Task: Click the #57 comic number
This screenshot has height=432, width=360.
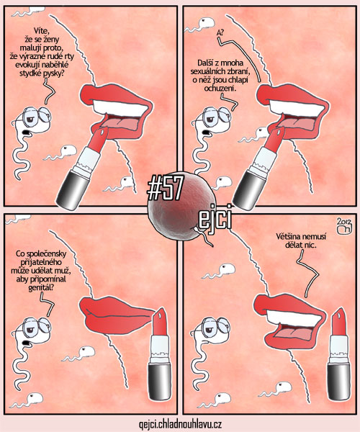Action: click(x=165, y=189)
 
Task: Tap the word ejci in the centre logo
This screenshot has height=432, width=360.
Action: click(x=215, y=218)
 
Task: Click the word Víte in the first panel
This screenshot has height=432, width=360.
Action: click(x=41, y=30)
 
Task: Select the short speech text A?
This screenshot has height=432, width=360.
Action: click(x=220, y=33)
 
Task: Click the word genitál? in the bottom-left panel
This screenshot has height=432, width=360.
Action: click(x=41, y=288)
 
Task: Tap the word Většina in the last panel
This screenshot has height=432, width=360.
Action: click(x=289, y=237)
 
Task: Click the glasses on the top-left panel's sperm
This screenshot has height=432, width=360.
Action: click(x=37, y=116)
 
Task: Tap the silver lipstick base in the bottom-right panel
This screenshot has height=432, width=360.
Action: click(x=338, y=382)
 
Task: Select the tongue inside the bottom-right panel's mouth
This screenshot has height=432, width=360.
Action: click(x=294, y=333)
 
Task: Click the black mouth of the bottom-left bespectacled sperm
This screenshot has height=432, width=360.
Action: click(x=27, y=343)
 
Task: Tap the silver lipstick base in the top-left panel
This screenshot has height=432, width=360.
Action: click(x=71, y=190)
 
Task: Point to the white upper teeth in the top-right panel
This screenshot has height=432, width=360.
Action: click(x=296, y=108)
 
